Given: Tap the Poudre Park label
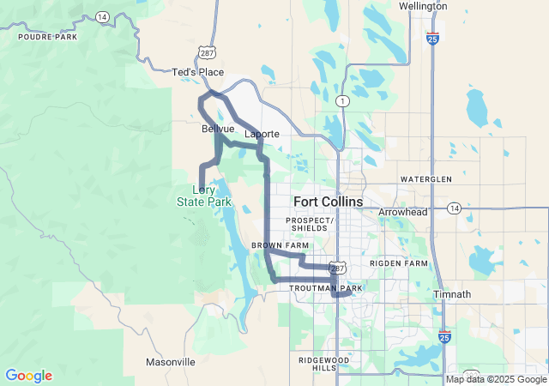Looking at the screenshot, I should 42,38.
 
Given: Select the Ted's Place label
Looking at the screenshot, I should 198,72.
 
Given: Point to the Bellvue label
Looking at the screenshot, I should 218,129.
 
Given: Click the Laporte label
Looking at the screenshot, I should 262,135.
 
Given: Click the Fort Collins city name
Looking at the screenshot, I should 328,202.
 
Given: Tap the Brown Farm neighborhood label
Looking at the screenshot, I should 279,246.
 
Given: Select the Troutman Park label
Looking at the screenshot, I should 326,289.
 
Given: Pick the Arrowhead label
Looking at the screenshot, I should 402,211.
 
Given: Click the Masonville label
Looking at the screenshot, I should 170,362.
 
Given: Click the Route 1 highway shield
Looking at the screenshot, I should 342,100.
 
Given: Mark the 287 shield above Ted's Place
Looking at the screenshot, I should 207,53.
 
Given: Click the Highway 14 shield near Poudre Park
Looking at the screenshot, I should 101,16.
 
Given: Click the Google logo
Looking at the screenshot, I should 29,376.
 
